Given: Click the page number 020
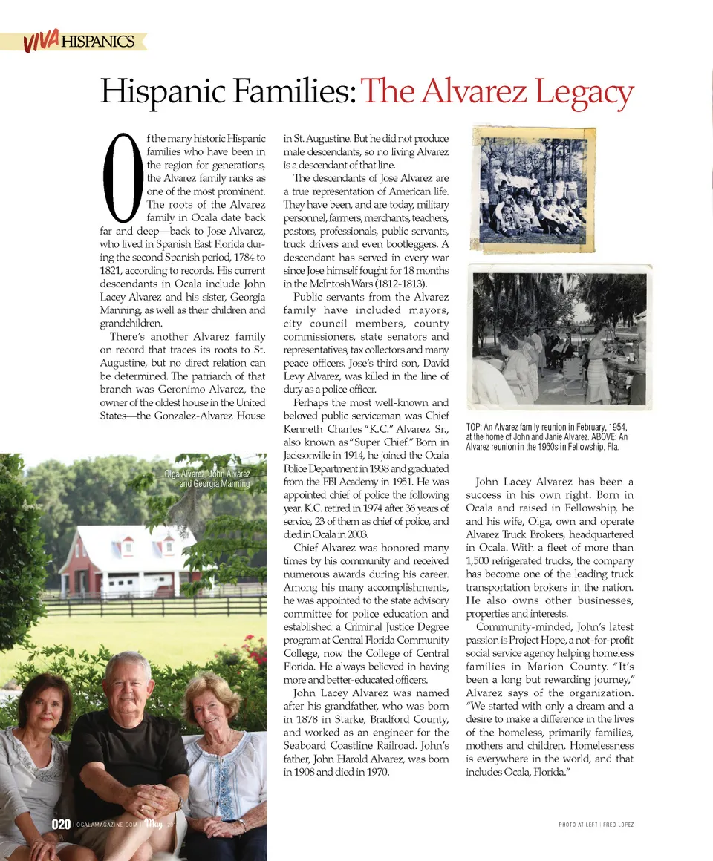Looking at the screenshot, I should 61,825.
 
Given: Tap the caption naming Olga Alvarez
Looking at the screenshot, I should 207,479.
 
